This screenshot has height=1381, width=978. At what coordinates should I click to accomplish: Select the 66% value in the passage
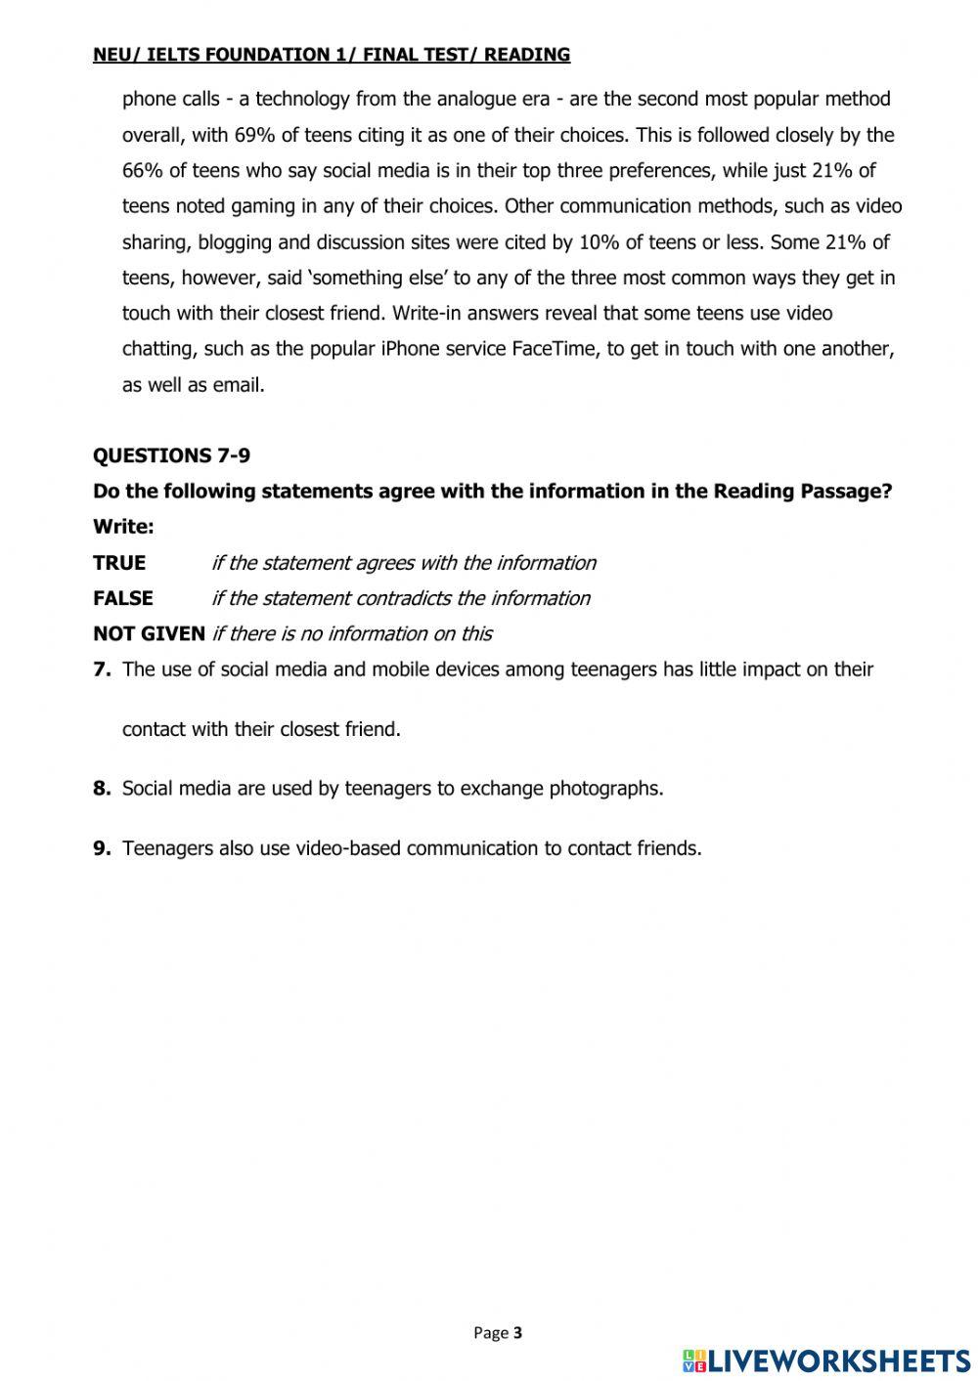pyautogui.click(x=143, y=171)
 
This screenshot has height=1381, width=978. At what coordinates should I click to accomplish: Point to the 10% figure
pyautogui.click(x=599, y=242)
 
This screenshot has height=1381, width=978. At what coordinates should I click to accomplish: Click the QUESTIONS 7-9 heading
pyautogui.click(x=171, y=455)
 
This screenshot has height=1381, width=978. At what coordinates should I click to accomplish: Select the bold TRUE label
pyautogui.click(x=119, y=563)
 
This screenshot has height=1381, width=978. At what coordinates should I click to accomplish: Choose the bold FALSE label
pyautogui.click(x=123, y=598)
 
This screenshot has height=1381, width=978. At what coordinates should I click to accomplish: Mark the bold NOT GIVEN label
pyautogui.click(x=149, y=633)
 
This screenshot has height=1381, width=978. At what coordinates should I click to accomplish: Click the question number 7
pyautogui.click(x=101, y=669)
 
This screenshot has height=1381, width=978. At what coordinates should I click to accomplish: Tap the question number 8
pyautogui.click(x=101, y=789)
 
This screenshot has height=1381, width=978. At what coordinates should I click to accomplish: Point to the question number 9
pyautogui.click(x=101, y=848)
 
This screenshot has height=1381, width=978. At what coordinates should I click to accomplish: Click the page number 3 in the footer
pyautogui.click(x=517, y=1332)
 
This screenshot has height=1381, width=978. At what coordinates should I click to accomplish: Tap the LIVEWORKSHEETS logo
pyautogui.click(x=827, y=1359)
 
